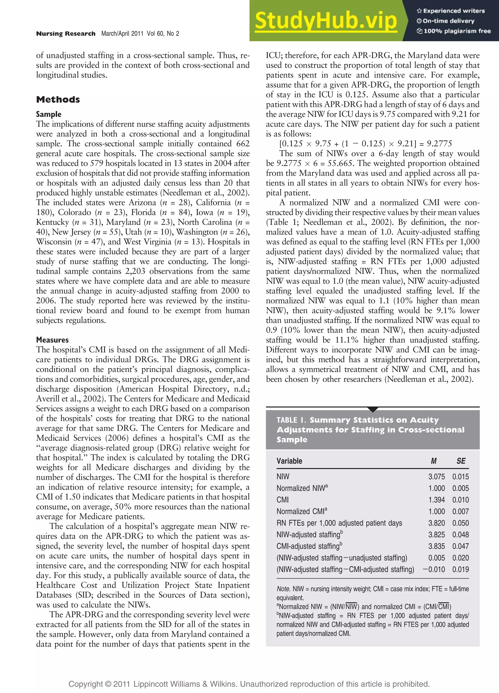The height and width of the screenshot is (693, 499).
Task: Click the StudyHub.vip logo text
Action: [x=326, y=21]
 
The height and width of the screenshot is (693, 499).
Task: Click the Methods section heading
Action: [x=58, y=99]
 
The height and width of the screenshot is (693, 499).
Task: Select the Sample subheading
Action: [x=48, y=114]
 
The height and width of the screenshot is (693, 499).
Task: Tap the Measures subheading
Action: [x=52, y=340]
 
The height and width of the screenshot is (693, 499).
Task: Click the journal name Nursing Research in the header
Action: [x=66, y=34]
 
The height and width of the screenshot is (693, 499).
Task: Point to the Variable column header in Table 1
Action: [x=289, y=461]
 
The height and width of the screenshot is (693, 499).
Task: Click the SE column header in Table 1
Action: [x=461, y=461]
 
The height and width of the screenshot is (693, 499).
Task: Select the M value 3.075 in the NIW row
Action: [x=436, y=476]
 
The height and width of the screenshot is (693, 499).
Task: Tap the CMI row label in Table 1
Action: [x=282, y=500]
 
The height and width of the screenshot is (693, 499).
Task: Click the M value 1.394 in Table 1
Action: [x=436, y=500]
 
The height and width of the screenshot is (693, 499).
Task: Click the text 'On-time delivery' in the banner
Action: [x=448, y=21]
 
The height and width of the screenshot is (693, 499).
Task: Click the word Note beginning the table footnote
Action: [x=283, y=589]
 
